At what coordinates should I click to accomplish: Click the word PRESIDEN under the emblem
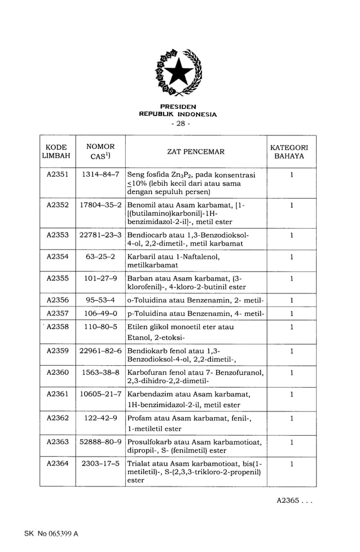(178, 107)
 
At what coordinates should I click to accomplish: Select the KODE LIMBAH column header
(58, 151)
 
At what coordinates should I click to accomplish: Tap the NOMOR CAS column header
(100, 151)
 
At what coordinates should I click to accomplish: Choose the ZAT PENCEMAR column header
(196, 151)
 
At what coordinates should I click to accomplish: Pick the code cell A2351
(58, 175)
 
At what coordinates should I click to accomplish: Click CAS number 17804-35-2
(100, 205)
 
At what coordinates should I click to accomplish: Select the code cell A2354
(58, 257)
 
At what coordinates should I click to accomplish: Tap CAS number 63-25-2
(100, 257)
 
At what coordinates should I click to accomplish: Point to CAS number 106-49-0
(100, 313)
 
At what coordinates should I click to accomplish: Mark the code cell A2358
(58, 327)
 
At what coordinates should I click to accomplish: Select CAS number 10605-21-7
(100, 394)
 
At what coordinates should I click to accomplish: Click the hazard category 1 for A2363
(291, 442)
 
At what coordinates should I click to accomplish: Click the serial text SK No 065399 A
(51, 533)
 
